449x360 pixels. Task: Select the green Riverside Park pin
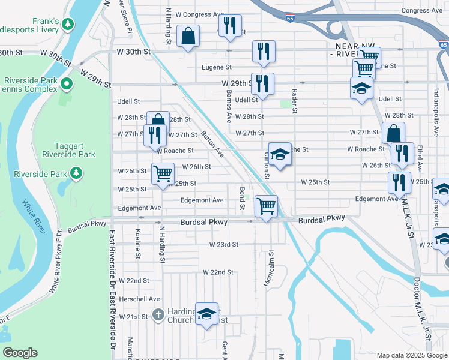pyautogui.click(x=76, y=174)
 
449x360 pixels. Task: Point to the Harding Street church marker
pyautogui.click(x=158, y=314)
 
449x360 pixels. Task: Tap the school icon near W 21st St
pyautogui.click(x=206, y=313)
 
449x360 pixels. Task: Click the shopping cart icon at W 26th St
pyautogui.click(x=163, y=174)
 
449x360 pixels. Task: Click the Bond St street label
pyautogui.click(x=243, y=198)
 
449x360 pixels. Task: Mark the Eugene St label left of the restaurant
pyautogui.click(x=217, y=68)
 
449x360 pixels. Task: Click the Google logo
pyautogui.click(x=20, y=353)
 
